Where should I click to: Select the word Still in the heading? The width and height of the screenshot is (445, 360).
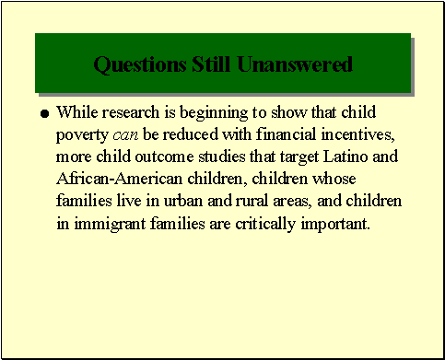click(x=210, y=65)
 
